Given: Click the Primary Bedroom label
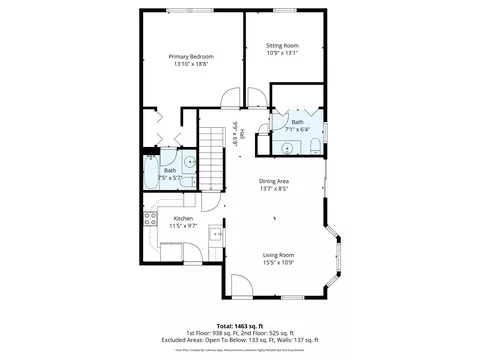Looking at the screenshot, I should (x=192, y=57).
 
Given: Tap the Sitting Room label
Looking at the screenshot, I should (x=283, y=46).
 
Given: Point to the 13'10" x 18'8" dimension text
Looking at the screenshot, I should (x=192, y=66).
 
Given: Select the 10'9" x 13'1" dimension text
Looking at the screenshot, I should (x=283, y=54).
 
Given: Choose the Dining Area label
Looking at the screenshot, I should (x=274, y=180).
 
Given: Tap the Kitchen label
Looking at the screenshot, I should (x=183, y=218).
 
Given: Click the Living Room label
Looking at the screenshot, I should (x=278, y=254).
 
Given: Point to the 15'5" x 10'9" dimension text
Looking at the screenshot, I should (x=278, y=263).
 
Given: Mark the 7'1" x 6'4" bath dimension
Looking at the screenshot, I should (x=297, y=129).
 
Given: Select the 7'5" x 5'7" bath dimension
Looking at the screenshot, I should (x=169, y=178).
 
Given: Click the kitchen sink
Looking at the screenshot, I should (x=214, y=234).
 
